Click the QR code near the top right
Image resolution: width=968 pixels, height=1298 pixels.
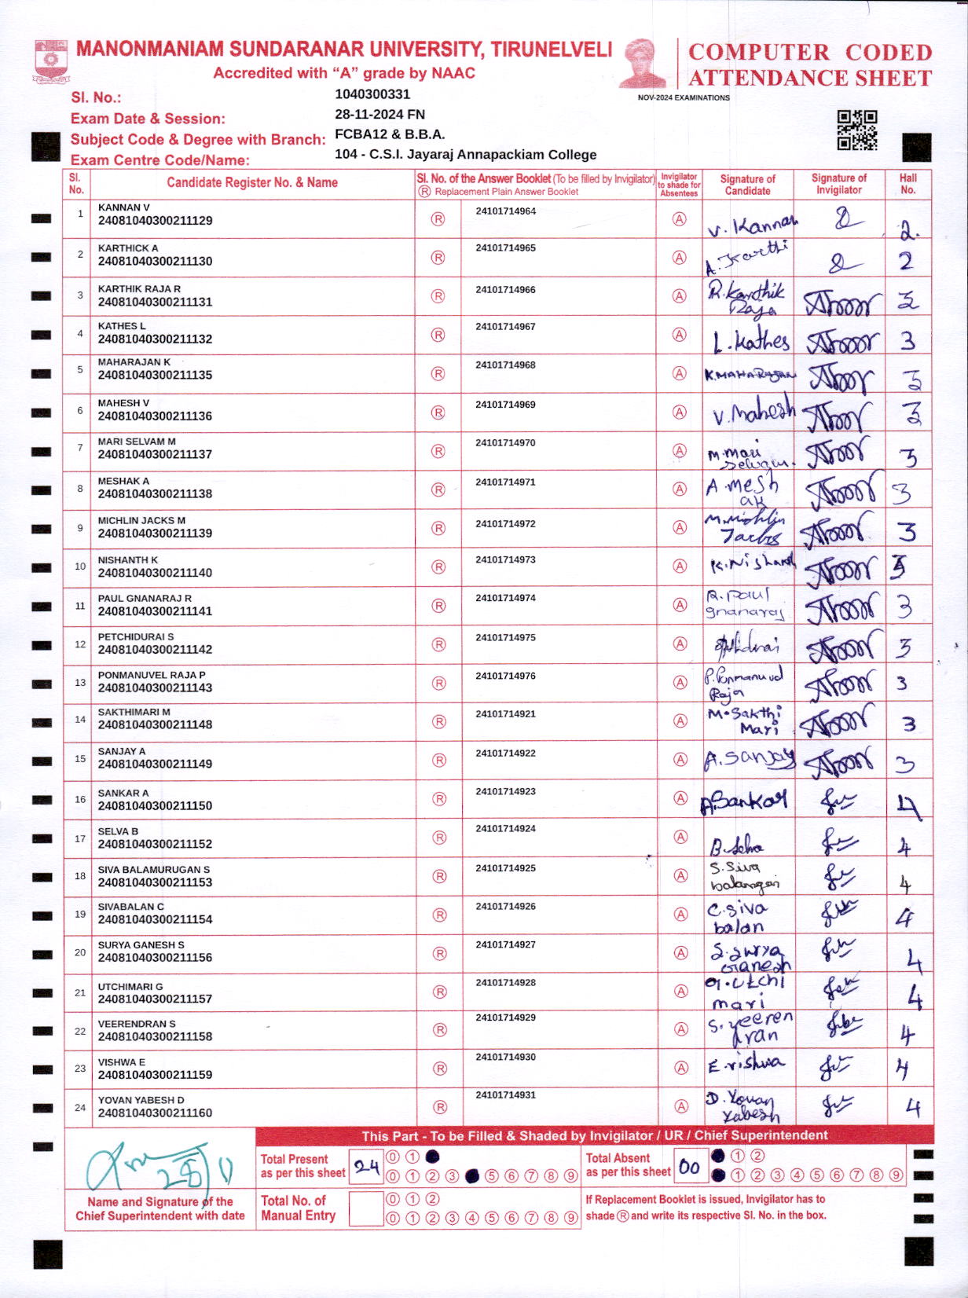click(x=857, y=130)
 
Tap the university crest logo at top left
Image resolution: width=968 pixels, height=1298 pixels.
click(x=51, y=61)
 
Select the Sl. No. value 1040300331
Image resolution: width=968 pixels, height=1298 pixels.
click(x=372, y=94)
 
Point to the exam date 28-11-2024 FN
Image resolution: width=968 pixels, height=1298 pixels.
click(x=379, y=114)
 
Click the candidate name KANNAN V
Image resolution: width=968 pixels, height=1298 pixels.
click(x=123, y=207)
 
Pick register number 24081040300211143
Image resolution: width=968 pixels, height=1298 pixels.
click(x=155, y=687)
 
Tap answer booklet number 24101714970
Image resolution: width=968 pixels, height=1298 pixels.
click(x=505, y=443)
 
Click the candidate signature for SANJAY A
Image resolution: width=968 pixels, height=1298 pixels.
click(x=749, y=759)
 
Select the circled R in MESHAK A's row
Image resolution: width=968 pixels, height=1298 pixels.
click(x=438, y=489)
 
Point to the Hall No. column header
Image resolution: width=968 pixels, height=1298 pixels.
click(x=908, y=184)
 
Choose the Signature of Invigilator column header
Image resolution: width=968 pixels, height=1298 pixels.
click(x=838, y=184)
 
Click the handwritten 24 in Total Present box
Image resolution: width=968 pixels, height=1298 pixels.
click(x=366, y=1167)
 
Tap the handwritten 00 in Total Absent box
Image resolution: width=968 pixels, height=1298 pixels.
click(x=689, y=1167)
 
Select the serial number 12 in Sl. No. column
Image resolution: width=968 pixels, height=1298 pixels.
click(x=80, y=644)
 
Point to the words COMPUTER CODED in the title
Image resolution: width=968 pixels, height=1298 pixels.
click(x=810, y=53)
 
